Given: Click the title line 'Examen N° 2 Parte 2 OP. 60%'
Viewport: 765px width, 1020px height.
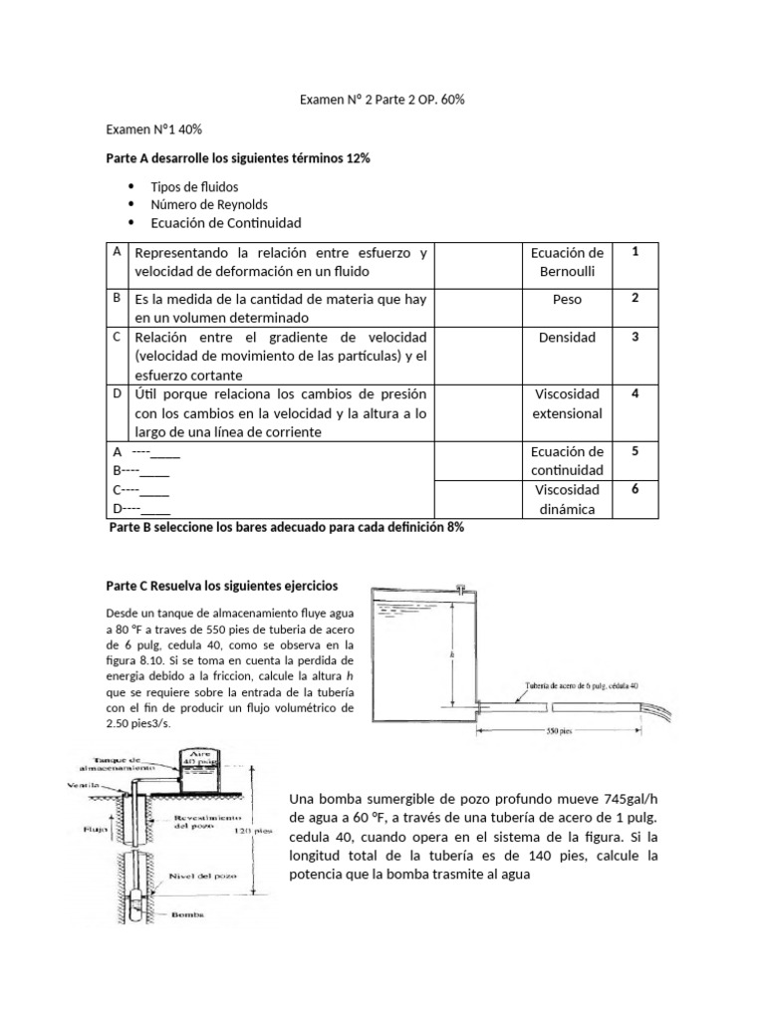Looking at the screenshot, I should click(x=382, y=101).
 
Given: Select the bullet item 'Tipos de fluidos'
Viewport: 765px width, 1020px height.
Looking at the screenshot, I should click(x=194, y=186).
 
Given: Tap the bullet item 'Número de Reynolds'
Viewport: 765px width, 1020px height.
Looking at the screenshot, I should click(x=209, y=204).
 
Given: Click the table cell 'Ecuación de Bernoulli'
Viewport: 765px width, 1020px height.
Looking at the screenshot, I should click(x=567, y=262).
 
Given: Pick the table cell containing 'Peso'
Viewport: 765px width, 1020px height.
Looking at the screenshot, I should click(x=567, y=299).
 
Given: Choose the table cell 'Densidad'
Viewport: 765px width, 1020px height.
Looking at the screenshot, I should click(x=567, y=337).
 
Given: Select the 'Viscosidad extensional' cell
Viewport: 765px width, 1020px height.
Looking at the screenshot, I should click(x=567, y=402).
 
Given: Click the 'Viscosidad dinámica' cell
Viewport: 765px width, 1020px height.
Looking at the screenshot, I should click(x=567, y=499).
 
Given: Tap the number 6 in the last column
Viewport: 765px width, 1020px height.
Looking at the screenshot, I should click(x=635, y=489).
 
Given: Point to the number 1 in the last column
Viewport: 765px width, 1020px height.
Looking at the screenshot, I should click(x=635, y=252).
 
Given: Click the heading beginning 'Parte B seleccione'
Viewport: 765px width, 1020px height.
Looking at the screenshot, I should click(x=286, y=528).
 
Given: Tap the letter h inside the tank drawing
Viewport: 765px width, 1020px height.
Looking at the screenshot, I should click(x=453, y=654).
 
